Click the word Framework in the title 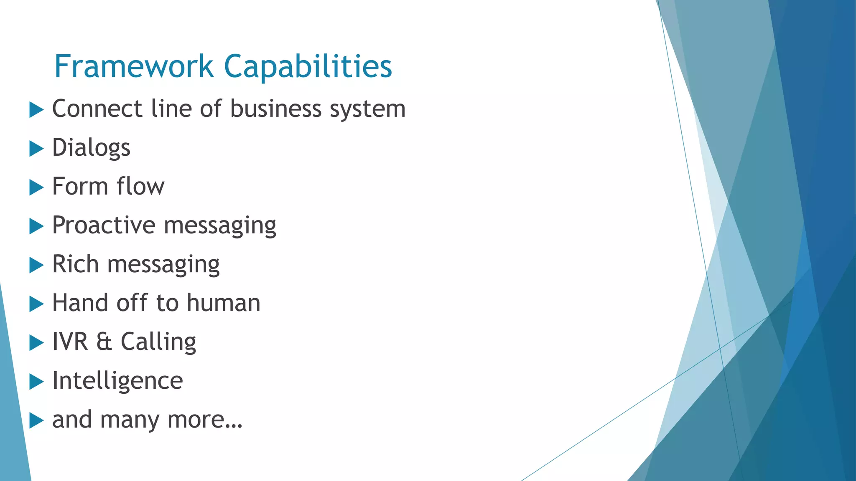click(x=134, y=66)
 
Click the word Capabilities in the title click(x=308, y=67)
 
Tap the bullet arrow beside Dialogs click(x=36, y=149)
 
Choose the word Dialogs click(x=91, y=148)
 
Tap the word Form click(x=79, y=186)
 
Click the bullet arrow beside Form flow click(x=36, y=187)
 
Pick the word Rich click(x=75, y=264)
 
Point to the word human click(x=224, y=303)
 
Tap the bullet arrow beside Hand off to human click(x=36, y=304)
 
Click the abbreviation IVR click(x=70, y=342)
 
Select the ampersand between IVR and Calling click(x=104, y=342)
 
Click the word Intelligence click(x=117, y=381)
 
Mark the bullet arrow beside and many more click(x=36, y=420)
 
